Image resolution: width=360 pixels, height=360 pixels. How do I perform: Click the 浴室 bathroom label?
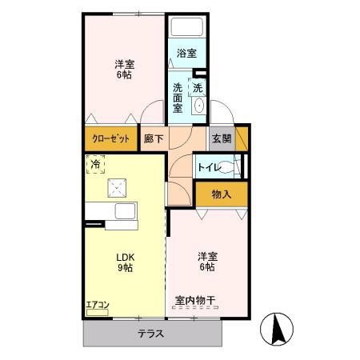click(186, 54)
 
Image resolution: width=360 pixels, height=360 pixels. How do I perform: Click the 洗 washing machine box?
click(197, 86)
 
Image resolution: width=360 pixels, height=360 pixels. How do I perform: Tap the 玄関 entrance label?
click(222, 138)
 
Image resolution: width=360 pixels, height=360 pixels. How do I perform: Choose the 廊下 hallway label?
click(153, 138)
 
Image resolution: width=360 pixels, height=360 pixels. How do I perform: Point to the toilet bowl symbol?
click(232, 167)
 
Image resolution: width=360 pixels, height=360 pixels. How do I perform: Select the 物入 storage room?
click(221, 194)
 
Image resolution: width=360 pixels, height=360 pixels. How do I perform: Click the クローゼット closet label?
click(110, 138)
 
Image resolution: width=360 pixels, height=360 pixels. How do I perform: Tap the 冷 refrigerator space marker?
click(96, 166)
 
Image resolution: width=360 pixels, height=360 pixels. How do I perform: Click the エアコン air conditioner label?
click(97, 305)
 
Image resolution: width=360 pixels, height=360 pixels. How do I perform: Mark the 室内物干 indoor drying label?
click(196, 301)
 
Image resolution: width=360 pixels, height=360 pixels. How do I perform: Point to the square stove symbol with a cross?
click(117, 188)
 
